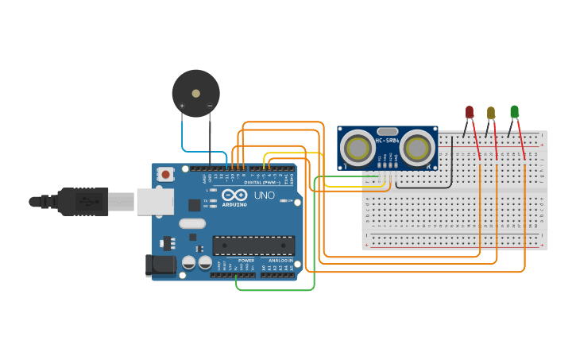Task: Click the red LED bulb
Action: pos(470,112)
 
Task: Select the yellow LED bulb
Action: pos(491,112)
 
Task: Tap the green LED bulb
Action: pos(514,111)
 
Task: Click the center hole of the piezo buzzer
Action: pos(196,93)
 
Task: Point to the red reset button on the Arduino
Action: pos(164,174)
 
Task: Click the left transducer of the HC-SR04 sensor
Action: pos(358,148)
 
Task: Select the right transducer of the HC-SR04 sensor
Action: pos(417,147)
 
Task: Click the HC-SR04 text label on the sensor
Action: pos(388,141)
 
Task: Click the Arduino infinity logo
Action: pos(234,195)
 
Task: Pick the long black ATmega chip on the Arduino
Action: pos(253,245)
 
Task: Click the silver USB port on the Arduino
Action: pos(155,202)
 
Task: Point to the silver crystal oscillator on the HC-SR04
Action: pos(388,131)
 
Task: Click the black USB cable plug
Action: pos(83,202)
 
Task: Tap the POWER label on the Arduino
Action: pos(246,261)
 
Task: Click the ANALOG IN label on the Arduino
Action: pos(280,261)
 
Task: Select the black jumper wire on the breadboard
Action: pos(452,167)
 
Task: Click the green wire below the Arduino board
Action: pos(274,290)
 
